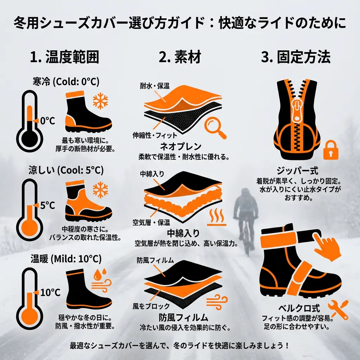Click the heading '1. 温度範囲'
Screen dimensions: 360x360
click(64, 57)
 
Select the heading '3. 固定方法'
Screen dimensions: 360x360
click(296, 57)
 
